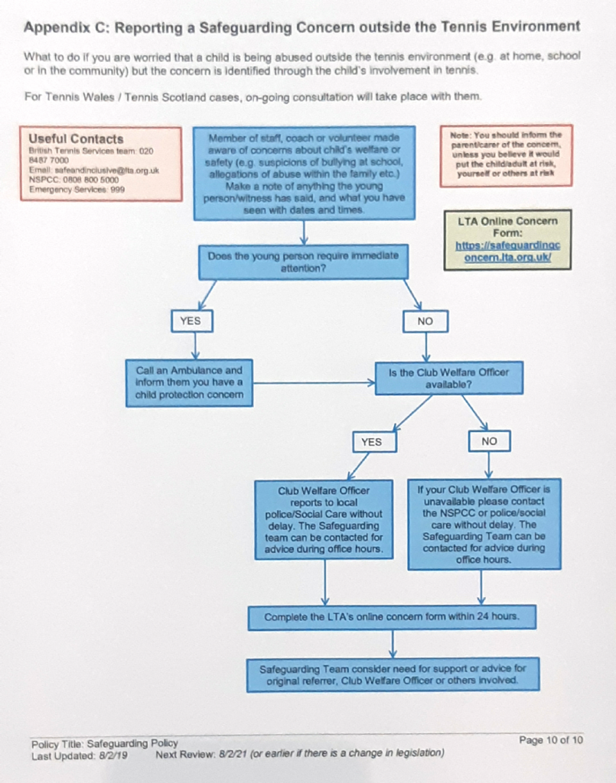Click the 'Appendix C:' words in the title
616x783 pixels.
(67, 28)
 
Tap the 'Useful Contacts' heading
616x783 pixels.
(76, 139)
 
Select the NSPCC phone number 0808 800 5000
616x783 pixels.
(91, 180)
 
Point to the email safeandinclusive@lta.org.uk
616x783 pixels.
(107, 171)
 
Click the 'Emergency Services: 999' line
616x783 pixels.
(77, 190)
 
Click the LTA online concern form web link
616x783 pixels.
(507, 252)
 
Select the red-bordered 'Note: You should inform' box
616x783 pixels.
(506, 155)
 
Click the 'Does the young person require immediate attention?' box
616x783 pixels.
(303, 262)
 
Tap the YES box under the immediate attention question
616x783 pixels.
(192, 321)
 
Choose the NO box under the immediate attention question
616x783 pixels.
(425, 321)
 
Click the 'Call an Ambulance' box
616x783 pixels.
(189, 383)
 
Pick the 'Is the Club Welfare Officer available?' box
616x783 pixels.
(449, 379)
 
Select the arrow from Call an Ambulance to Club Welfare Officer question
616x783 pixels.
(315, 384)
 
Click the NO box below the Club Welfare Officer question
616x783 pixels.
(490, 441)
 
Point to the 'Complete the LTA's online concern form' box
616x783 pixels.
(393, 617)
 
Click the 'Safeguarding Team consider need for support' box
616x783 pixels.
(393, 674)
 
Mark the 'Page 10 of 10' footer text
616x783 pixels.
(551, 740)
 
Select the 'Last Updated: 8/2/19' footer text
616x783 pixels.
(80, 756)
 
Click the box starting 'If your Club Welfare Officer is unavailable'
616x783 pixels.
(484, 525)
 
